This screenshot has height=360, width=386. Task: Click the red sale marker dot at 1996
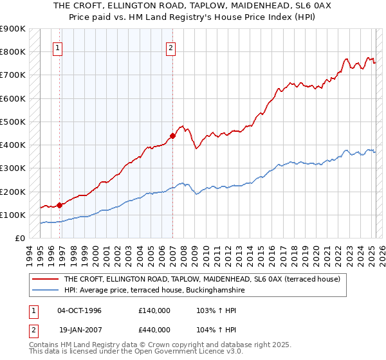pos(60,205)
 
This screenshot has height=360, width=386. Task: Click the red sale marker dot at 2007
pos(172,136)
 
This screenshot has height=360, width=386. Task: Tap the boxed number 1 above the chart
pos(58,47)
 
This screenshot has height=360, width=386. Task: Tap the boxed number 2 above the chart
pos(170,47)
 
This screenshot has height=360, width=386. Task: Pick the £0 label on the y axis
pos(19,238)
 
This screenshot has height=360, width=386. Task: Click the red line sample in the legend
pos(46,279)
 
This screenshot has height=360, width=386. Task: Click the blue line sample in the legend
pos(46,290)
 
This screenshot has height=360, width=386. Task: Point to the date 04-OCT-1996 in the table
pos(79,310)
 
